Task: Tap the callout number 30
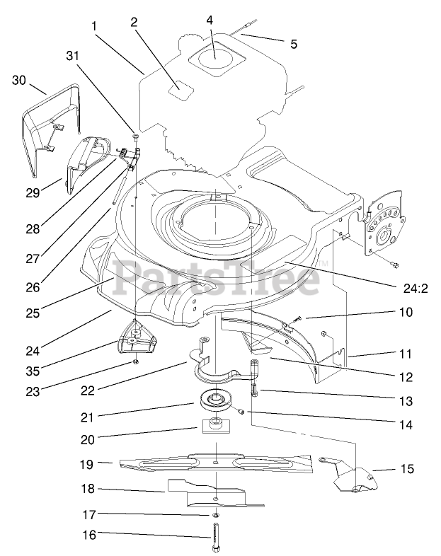click(19, 81)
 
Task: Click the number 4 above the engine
click(210, 20)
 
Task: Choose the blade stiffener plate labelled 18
click(212, 492)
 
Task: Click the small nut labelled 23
click(134, 364)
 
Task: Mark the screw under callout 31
click(134, 136)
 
